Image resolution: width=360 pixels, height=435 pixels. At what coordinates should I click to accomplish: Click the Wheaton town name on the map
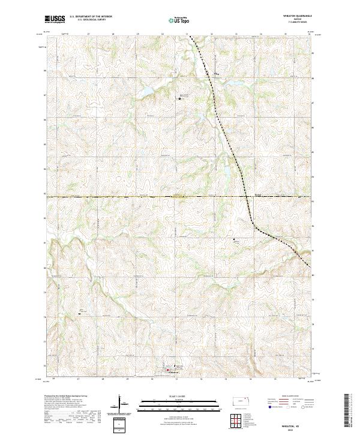pos(174,372)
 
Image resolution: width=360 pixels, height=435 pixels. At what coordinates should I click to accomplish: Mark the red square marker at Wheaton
pos(167,370)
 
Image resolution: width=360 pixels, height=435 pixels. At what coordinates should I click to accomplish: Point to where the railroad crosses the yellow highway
pos(246,196)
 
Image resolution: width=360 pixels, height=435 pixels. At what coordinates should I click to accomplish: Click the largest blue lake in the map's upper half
pos(147,92)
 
